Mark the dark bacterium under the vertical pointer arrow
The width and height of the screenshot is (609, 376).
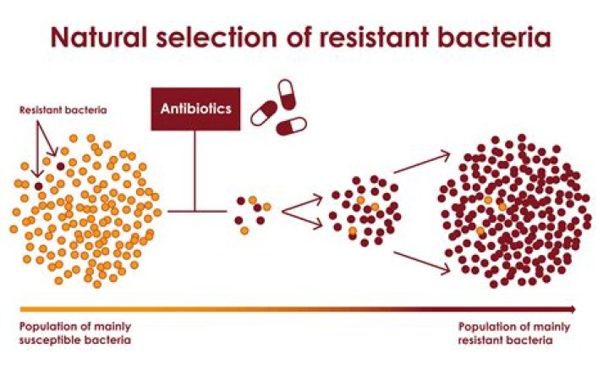tap(38, 185)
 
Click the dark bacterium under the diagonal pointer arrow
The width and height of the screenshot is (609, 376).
tap(60, 166)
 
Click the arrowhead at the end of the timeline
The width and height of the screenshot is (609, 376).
tap(573, 309)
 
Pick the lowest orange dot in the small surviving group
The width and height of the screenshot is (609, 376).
tap(244, 230)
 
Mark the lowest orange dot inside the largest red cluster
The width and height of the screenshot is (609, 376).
tap(480, 230)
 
